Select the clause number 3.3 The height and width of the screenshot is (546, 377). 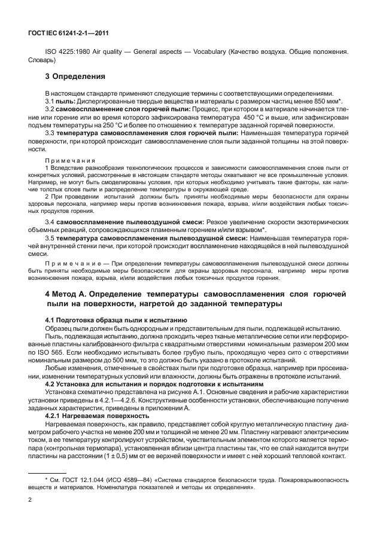click(50, 134)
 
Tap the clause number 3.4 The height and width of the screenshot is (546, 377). click(50, 221)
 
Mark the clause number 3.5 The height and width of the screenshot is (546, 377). click(50, 237)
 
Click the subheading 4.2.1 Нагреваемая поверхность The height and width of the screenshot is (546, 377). click(97, 415)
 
